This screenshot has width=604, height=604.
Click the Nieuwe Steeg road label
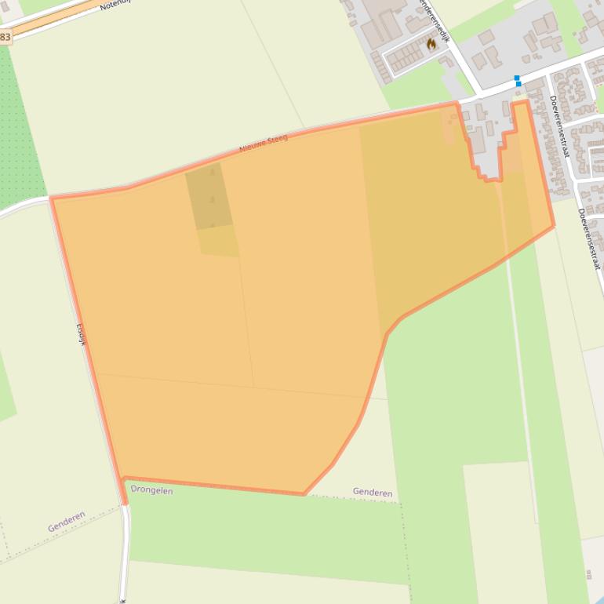pyautogui.click(x=264, y=144)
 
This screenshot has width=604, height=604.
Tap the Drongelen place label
pyautogui.click(x=151, y=490)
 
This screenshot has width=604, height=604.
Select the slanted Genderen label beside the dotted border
pyautogui.click(x=66, y=522)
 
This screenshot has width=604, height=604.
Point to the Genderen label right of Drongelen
pyautogui.click(x=373, y=493)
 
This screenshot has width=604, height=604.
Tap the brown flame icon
pyautogui.click(x=431, y=44)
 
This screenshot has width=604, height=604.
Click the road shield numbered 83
pyautogui.click(x=5, y=37)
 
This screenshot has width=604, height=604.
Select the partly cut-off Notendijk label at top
pyautogui.click(x=117, y=4)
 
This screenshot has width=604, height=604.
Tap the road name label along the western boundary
pyautogui.click(x=80, y=334)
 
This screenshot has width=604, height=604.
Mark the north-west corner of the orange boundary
pyautogui.click(x=52, y=198)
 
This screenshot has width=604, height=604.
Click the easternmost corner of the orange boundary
pyautogui.click(x=554, y=227)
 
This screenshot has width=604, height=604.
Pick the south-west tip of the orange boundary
pyautogui.click(x=124, y=502)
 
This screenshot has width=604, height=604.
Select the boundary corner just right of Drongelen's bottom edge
pyautogui.click(x=304, y=494)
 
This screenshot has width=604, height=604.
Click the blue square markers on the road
pyautogui.click(x=518, y=80)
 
